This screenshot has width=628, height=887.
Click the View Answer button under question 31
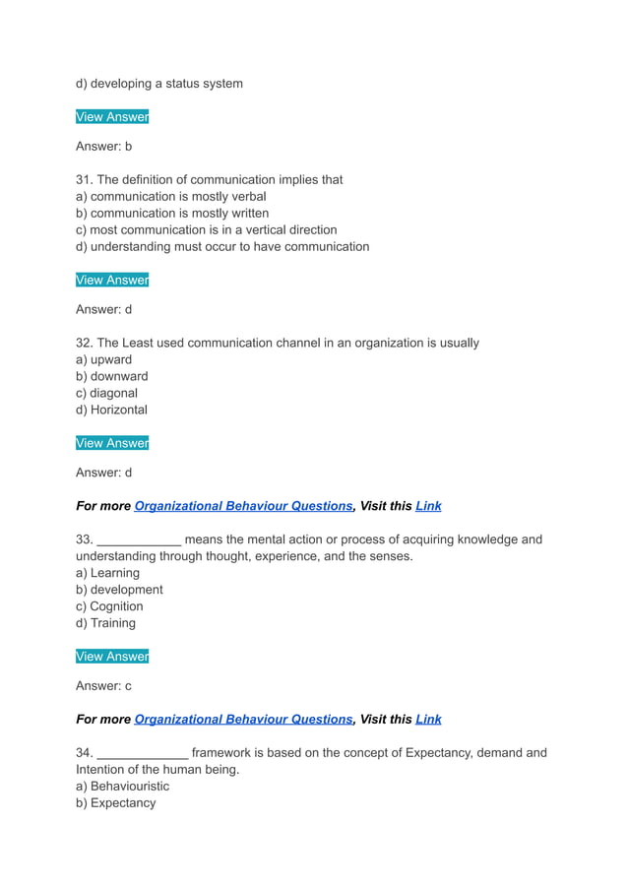click(x=112, y=280)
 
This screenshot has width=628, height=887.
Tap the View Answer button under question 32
click(x=112, y=443)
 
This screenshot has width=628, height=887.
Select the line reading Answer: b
click(x=103, y=146)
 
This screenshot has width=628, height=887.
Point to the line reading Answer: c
click(x=103, y=685)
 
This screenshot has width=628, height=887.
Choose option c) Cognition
click(x=109, y=606)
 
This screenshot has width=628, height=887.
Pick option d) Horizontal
click(x=111, y=410)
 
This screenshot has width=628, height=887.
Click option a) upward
click(x=103, y=359)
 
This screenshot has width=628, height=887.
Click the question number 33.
click(x=84, y=539)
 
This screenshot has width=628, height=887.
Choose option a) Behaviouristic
click(x=122, y=787)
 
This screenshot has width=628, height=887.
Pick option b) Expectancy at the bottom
click(x=115, y=803)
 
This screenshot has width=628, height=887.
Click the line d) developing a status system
click(x=159, y=84)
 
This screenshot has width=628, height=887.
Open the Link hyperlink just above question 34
click(x=428, y=720)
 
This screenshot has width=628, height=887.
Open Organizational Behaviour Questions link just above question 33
click(x=243, y=506)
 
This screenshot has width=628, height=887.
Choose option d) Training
click(x=105, y=623)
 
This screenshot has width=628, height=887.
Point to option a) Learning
click(x=107, y=573)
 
